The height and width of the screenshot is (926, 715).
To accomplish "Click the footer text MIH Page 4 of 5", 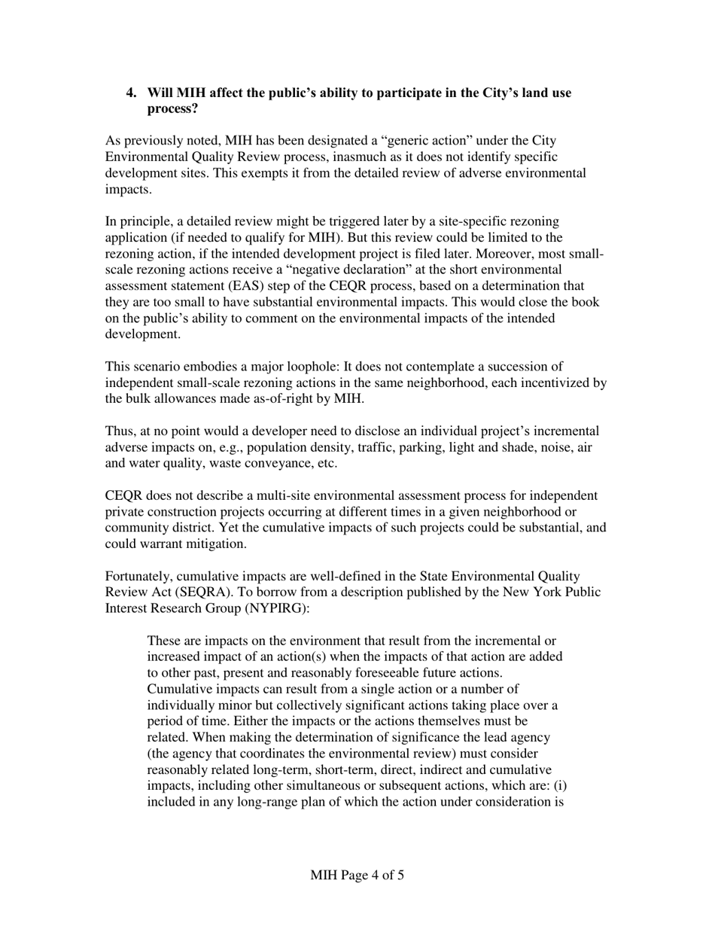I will coord(357,876).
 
